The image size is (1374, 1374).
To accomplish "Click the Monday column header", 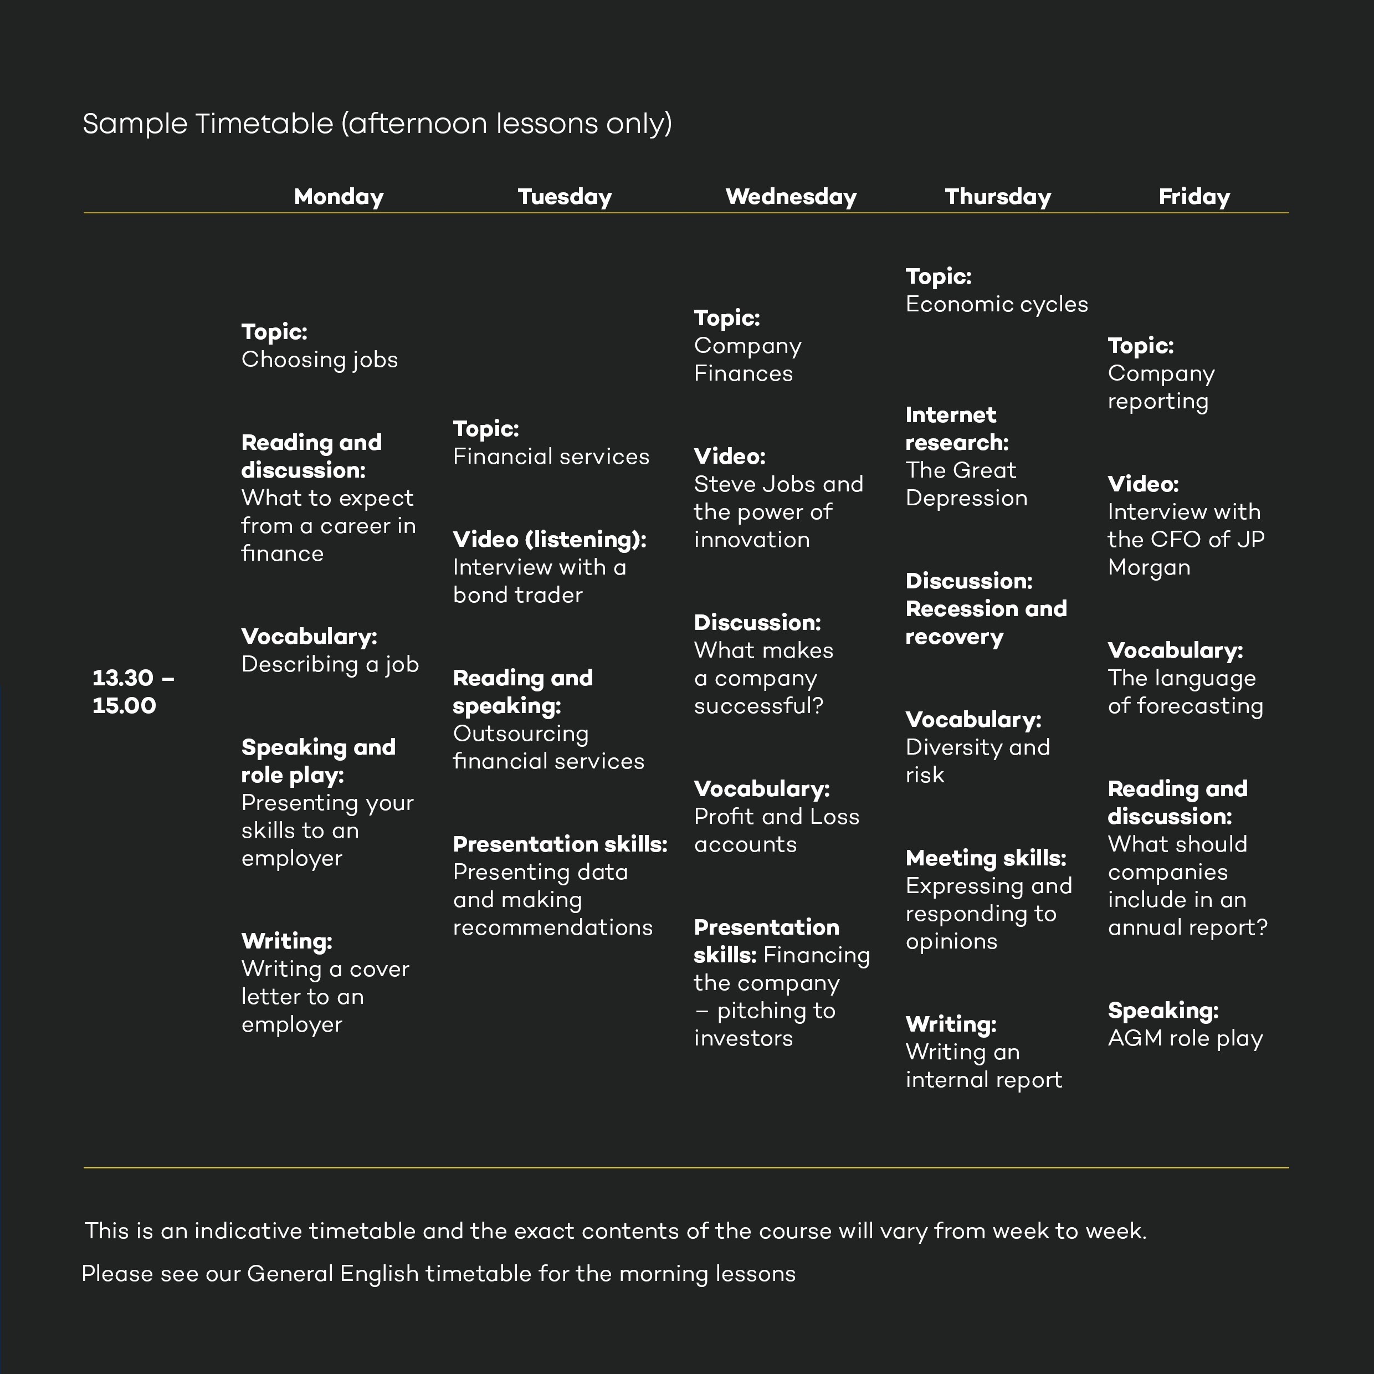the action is [x=339, y=196].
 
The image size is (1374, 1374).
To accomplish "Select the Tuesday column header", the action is [x=565, y=196].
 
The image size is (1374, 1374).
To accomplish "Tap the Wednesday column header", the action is [x=791, y=196].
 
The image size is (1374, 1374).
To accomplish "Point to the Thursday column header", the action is [x=998, y=196].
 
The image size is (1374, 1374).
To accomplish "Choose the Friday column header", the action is [x=1194, y=196].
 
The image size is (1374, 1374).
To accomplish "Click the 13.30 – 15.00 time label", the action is [x=134, y=691].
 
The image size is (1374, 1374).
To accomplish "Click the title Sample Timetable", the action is [x=208, y=124].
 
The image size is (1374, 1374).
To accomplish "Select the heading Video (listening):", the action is [x=550, y=540].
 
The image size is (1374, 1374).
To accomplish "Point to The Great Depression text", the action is [x=966, y=484].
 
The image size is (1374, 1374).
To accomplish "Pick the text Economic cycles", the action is [x=996, y=304].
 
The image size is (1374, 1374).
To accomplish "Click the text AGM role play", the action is [x=1185, y=1038].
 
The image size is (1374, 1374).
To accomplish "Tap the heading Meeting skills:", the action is [x=986, y=858].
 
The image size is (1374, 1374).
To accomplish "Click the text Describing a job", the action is [x=330, y=664].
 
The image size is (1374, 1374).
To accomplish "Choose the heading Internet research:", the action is [x=957, y=429].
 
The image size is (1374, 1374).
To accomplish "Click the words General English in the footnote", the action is [x=332, y=1274].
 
